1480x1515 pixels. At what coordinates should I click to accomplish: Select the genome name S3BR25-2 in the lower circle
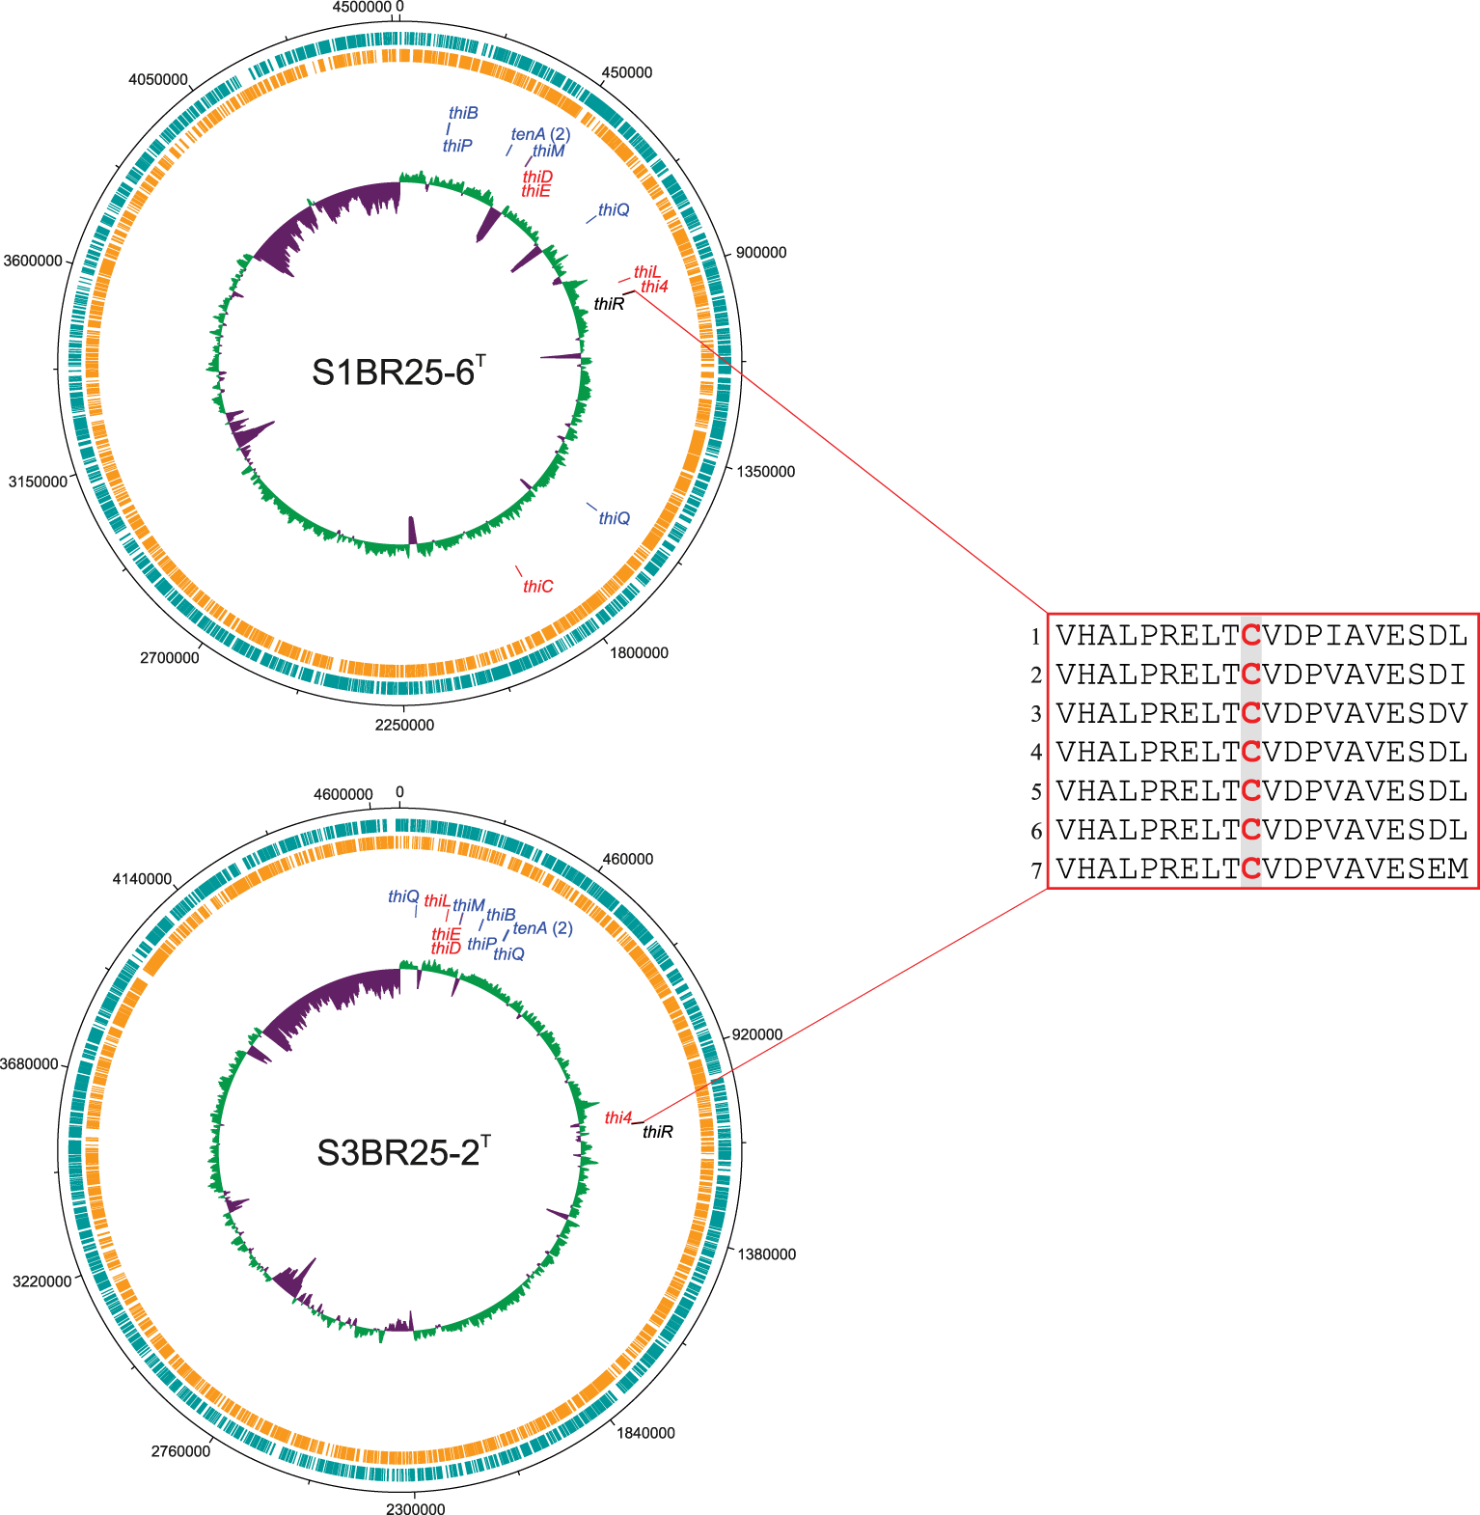[x=402, y=1152]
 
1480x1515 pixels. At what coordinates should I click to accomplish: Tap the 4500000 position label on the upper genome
[x=362, y=8]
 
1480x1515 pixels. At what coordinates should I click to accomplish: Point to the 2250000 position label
[x=404, y=726]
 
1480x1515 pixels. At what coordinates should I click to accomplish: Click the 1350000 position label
[x=766, y=472]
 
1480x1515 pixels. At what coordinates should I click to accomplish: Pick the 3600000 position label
[x=33, y=262]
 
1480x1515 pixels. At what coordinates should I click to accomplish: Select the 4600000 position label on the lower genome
[x=343, y=794]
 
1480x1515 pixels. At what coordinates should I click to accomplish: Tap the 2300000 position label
[x=416, y=1509]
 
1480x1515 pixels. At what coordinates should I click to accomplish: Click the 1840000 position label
[x=645, y=1433]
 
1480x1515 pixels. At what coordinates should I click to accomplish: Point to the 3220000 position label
[x=41, y=1281]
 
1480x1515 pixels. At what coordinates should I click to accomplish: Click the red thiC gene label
[x=538, y=587]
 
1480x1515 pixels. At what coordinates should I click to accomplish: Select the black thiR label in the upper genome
[x=609, y=305]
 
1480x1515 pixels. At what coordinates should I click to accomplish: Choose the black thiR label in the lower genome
[x=658, y=1132]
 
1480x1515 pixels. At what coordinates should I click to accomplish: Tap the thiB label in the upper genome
[x=463, y=114]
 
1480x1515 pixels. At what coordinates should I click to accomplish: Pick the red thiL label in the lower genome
[x=437, y=901]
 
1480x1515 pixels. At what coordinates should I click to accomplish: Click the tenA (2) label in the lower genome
[x=543, y=928]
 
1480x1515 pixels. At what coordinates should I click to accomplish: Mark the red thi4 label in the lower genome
[x=618, y=1118]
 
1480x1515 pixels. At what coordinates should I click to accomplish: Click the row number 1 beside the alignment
[x=1035, y=637]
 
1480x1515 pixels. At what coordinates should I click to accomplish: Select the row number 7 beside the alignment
[x=1035, y=870]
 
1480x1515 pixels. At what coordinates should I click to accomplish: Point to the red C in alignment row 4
[x=1250, y=752]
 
